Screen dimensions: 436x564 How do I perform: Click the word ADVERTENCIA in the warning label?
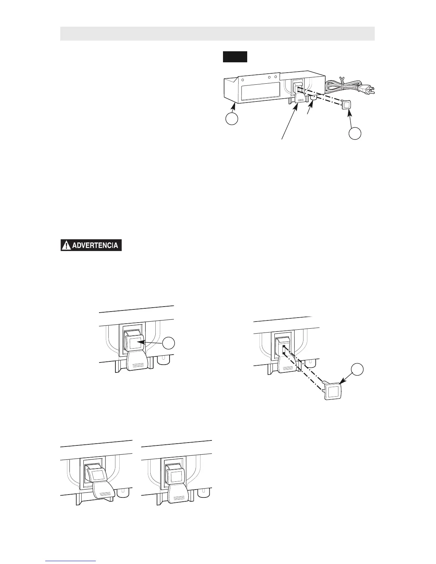tap(96, 246)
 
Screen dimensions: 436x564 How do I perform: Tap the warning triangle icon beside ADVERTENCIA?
tap(66, 246)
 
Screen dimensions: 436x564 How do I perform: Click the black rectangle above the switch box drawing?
tap(235, 57)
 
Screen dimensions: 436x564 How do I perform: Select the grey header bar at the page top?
tap(217, 33)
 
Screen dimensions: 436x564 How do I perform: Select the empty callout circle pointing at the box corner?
tap(232, 119)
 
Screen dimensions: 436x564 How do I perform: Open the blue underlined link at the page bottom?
tap(71, 562)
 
